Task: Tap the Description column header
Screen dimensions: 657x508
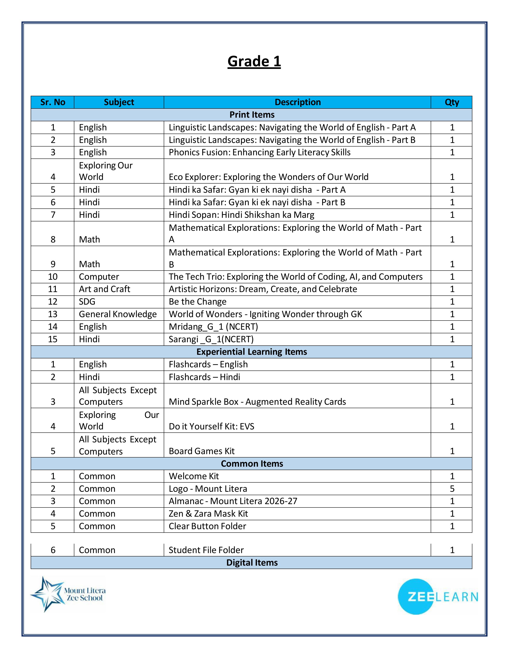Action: [297, 102]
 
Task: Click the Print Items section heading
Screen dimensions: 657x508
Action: [252, 115]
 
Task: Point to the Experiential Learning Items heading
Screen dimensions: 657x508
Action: [252, 352]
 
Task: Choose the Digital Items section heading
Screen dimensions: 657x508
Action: [252, 563]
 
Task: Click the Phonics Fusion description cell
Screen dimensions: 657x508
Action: [259, 153]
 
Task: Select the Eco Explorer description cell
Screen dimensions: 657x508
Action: [269, 177]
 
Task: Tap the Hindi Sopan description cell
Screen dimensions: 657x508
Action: [241, 215]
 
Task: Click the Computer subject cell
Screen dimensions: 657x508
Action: [99, 277]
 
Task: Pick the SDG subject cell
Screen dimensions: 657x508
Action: [87, 301]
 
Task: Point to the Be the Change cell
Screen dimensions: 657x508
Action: [197, 301]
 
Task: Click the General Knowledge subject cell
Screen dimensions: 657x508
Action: [118, 314]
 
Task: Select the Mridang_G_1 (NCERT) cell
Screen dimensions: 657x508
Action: [213, 327]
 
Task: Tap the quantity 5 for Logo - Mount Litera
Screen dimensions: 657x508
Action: [452, 489]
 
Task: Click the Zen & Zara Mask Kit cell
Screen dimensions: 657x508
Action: [208, 513]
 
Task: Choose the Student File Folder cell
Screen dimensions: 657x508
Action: [206, 550]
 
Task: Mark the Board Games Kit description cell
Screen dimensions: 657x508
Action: [202, 451]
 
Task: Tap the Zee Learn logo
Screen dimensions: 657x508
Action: [438, 596]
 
